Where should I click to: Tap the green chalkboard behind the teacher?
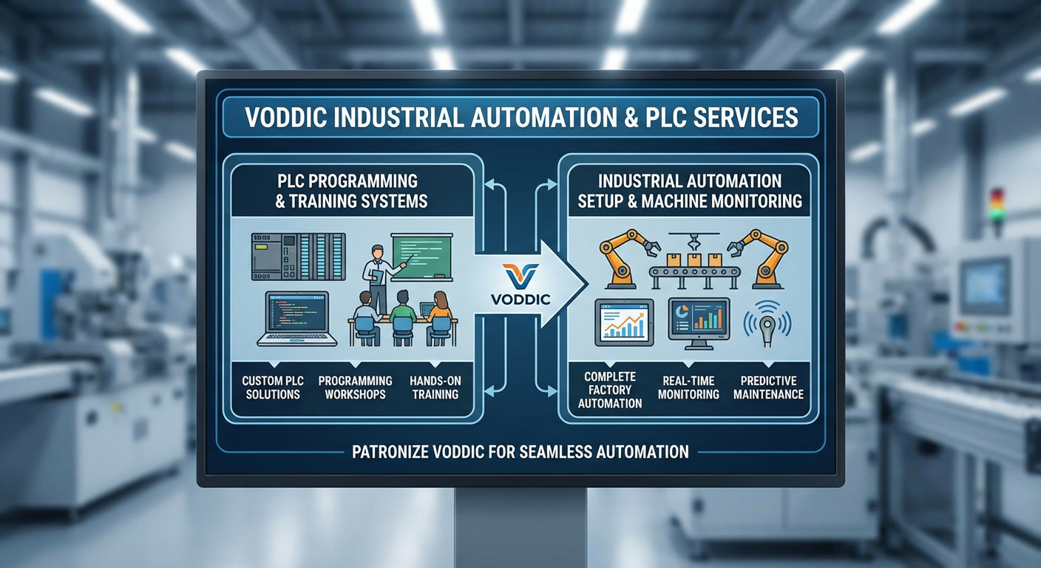[x=421, y=255]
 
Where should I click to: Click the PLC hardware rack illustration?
[x=298, y=257]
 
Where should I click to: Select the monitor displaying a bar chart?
[x=698, y=321]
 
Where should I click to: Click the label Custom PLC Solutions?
[x=272, y=388]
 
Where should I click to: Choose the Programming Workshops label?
[x=352, y=388]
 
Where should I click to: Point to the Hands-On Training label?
[x=435, y=388]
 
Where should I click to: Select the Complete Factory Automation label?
[x=609, y=390]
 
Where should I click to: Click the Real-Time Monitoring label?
[x=688, y=388]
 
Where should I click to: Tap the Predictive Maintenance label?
[x=768, y=388]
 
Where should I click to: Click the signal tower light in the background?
[x=997, y=205]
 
